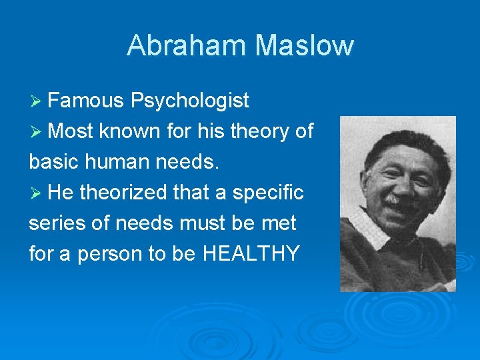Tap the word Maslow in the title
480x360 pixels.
(x=304, y=45)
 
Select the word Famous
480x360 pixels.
(x=86, y=101)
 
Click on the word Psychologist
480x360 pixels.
(x=190, y=101)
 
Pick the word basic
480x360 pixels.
(x=52, y=162)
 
